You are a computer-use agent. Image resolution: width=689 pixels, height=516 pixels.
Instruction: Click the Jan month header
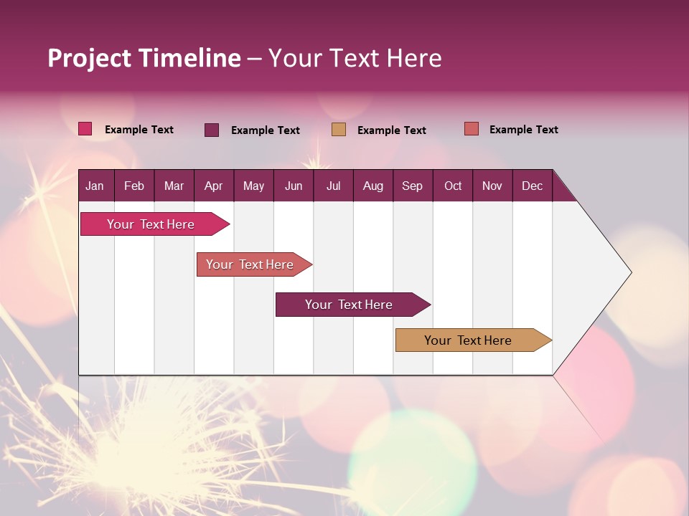(x=95, y=186)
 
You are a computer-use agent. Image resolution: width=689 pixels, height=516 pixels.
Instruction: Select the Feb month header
(x=134, y=186)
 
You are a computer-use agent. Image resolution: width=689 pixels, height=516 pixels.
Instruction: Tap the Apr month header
(x=214, y=186)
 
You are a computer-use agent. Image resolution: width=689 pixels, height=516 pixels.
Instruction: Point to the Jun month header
(x=294, y=186)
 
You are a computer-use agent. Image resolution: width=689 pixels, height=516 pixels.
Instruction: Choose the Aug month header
(x=373, y=186)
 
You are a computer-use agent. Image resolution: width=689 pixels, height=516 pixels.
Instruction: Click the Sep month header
(x=413, y=186)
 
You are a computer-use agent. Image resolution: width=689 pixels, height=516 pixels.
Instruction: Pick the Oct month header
(x=453, y=186)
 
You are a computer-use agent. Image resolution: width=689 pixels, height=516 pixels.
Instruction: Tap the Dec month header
(x=533, y=186)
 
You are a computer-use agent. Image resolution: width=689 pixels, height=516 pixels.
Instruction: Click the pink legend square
(x=85, y=129)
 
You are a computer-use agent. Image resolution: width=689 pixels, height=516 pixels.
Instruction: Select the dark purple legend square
(x=212, y=130)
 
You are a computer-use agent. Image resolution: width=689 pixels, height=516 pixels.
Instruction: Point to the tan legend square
(x=339, y=130)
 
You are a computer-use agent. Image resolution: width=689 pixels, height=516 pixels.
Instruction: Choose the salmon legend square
(x=472, y=129)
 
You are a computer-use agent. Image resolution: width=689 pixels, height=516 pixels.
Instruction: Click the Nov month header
(x=492, y=186)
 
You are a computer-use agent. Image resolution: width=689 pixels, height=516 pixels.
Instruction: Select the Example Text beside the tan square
(x=391, y=130)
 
